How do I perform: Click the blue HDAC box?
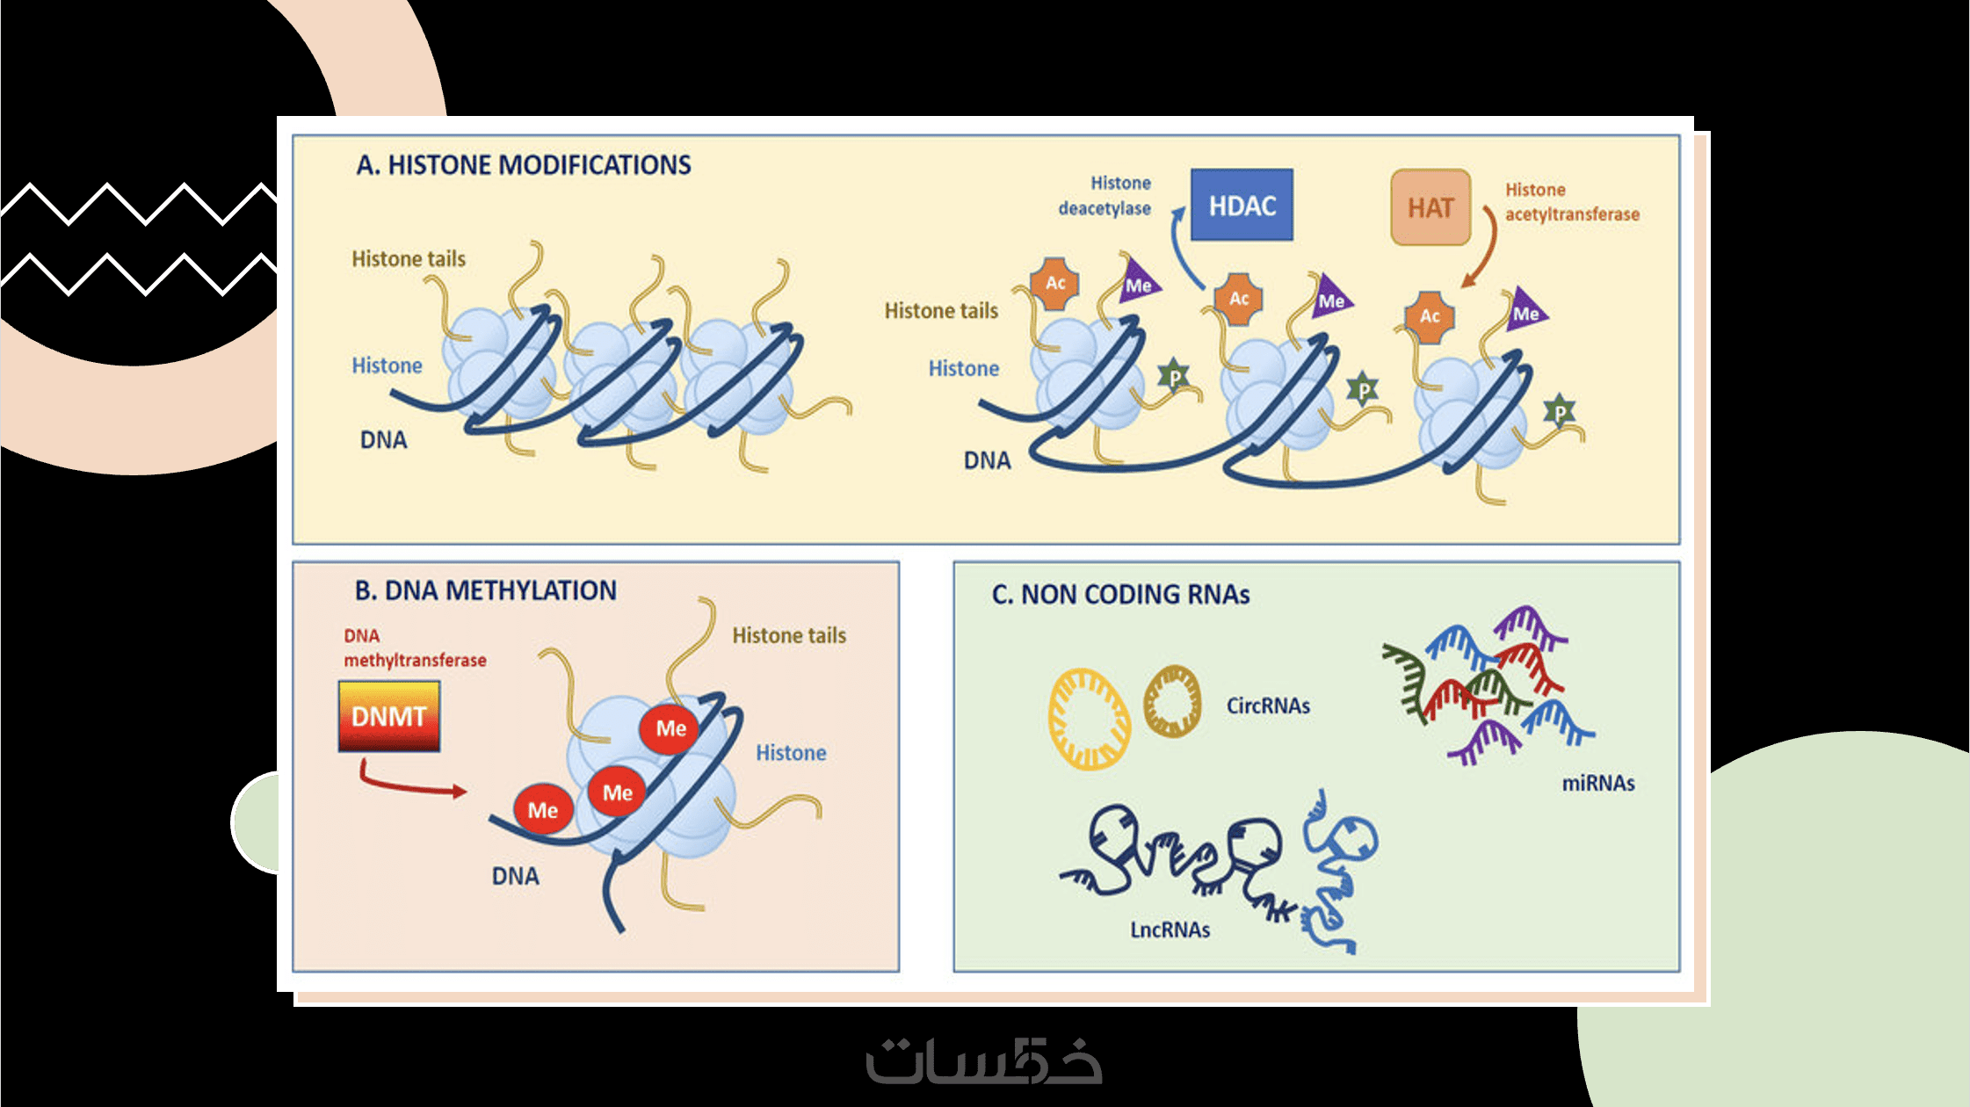(1241, 206)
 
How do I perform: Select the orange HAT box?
(1430, 208)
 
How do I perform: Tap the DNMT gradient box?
(388, 717)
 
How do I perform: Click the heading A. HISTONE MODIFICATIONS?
(524, 165)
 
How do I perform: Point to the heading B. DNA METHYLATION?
(485, 590)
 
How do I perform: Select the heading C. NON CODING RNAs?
(1120, 595)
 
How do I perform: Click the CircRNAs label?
(1267, 706)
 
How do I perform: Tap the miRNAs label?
(1597, 784)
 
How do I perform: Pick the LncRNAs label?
(1170, 930)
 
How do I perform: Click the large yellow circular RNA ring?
(1090, 720)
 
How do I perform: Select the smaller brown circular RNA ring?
(1172, 701)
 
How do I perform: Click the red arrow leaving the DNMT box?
(409, 785)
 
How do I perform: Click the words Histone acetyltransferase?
(1571, 202)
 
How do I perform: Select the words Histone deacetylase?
(1105, 196)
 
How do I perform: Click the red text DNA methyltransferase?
(414, 648)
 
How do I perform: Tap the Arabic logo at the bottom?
(984, 1060)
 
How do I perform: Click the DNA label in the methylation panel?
(515, 877)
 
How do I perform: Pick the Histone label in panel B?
(791, 753)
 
